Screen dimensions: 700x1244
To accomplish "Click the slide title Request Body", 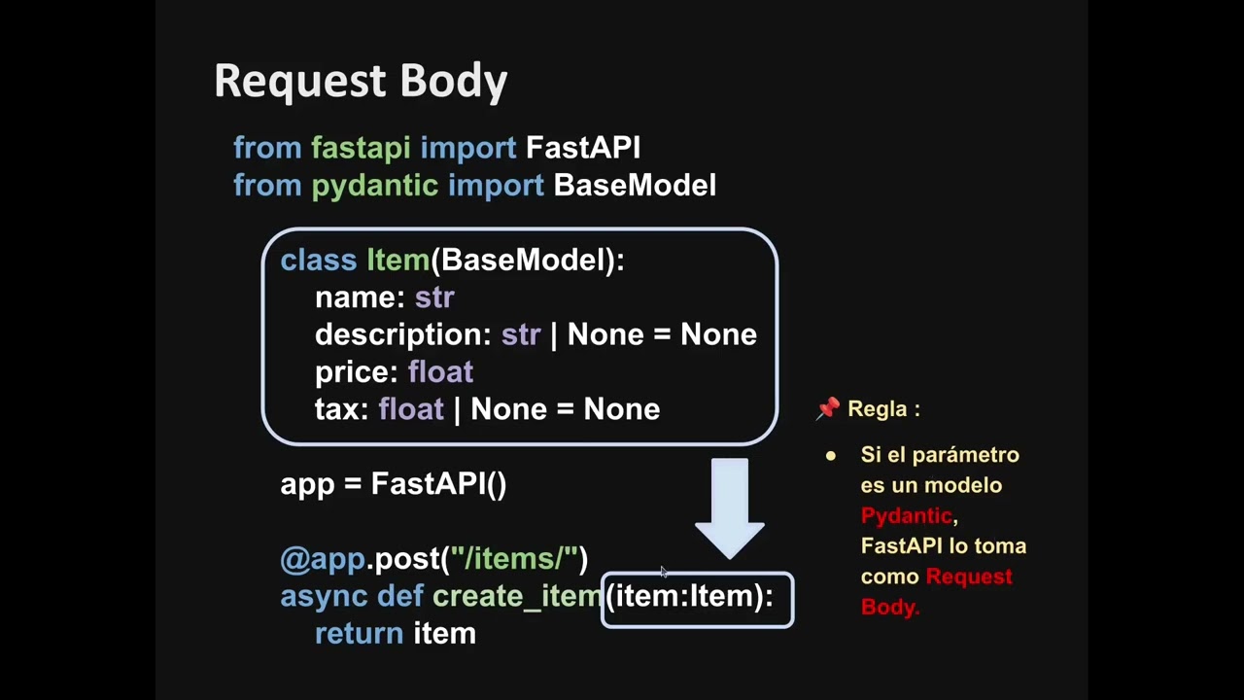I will [x=361, y=81].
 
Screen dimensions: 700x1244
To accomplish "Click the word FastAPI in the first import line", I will [x=582, y=148].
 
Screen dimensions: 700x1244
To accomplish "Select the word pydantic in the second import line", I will [x=374, y=186].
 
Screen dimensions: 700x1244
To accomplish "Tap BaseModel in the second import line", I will [x=634, y=186].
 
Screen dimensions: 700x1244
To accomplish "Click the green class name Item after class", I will [x=397, y=261].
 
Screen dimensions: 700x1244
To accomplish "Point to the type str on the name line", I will [x=433, y=297].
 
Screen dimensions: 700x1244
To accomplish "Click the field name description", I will [x=402, y=335].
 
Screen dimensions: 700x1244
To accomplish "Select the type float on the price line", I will [x=440, y=372].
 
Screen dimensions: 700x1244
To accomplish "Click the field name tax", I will [x=341, y=409].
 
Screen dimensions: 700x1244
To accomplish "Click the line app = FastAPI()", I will [x=393, y=484].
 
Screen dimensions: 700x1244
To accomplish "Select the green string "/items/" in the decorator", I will [x=513, y=559].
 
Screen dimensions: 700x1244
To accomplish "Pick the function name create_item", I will [x=516, y=597].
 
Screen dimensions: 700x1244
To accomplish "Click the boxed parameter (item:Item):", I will [x=696, y=597].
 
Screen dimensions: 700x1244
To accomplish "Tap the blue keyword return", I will [x=359, y=634].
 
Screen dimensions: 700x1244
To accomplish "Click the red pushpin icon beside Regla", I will [x=827, y=409].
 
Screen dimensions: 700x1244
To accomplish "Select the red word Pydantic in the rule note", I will [x=906, y=515].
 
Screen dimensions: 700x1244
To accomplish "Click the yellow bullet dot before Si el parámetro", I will [x=831, y=456].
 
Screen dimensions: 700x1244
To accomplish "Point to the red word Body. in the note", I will [x=889, y=607].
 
